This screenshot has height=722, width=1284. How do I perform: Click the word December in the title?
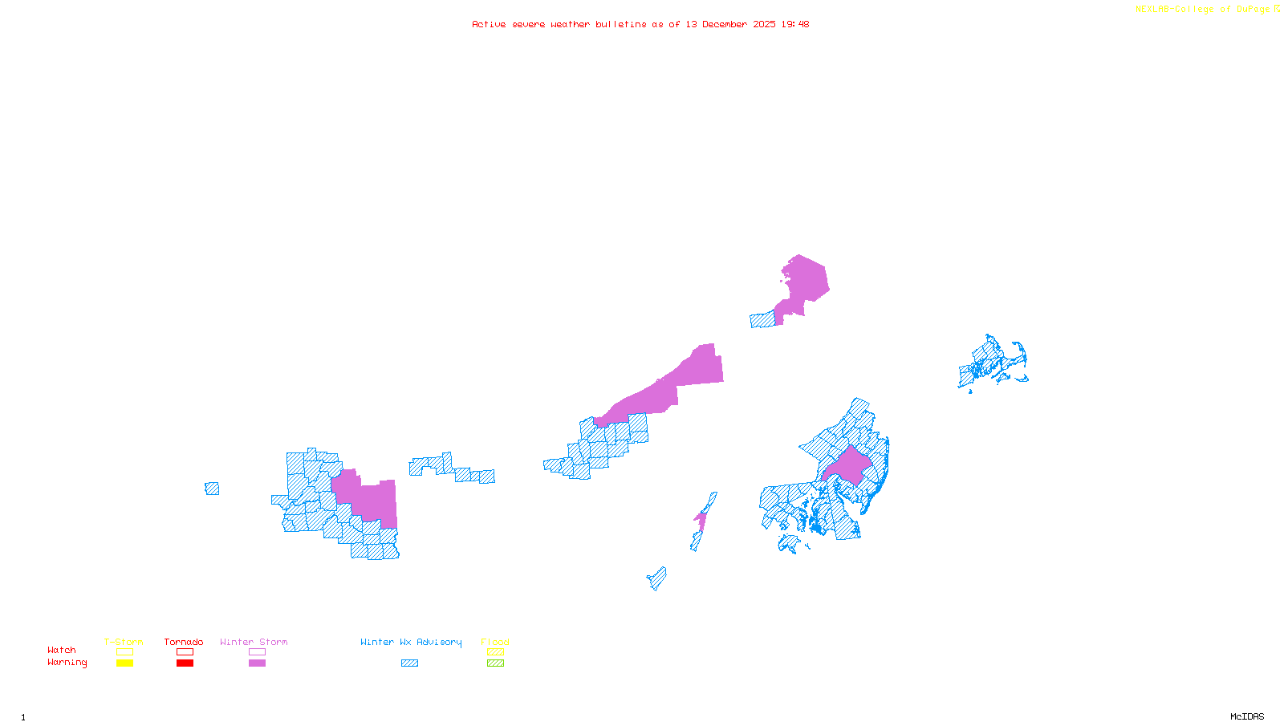725,24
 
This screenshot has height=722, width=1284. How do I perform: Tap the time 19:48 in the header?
795,24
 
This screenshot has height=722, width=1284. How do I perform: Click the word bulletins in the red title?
621,24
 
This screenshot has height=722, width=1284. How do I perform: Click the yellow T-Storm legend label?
124,642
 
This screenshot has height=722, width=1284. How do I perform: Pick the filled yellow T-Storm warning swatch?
124,663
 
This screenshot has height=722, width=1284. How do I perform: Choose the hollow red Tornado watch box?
185,652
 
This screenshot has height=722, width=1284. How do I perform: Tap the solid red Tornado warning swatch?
185,663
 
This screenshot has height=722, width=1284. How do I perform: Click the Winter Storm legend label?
254,642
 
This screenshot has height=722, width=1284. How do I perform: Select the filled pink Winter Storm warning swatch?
257,663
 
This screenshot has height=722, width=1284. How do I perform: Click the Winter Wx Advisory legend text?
411,642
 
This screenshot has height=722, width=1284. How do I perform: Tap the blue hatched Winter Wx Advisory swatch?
409,663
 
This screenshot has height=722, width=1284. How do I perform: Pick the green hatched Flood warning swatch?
495,663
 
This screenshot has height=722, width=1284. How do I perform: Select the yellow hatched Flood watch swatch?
495,652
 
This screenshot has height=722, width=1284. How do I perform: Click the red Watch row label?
62,650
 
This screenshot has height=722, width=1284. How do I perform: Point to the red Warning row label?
67,663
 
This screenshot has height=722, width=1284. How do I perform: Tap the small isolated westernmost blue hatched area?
212,489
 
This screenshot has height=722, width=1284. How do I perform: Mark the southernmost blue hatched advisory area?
657,578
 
